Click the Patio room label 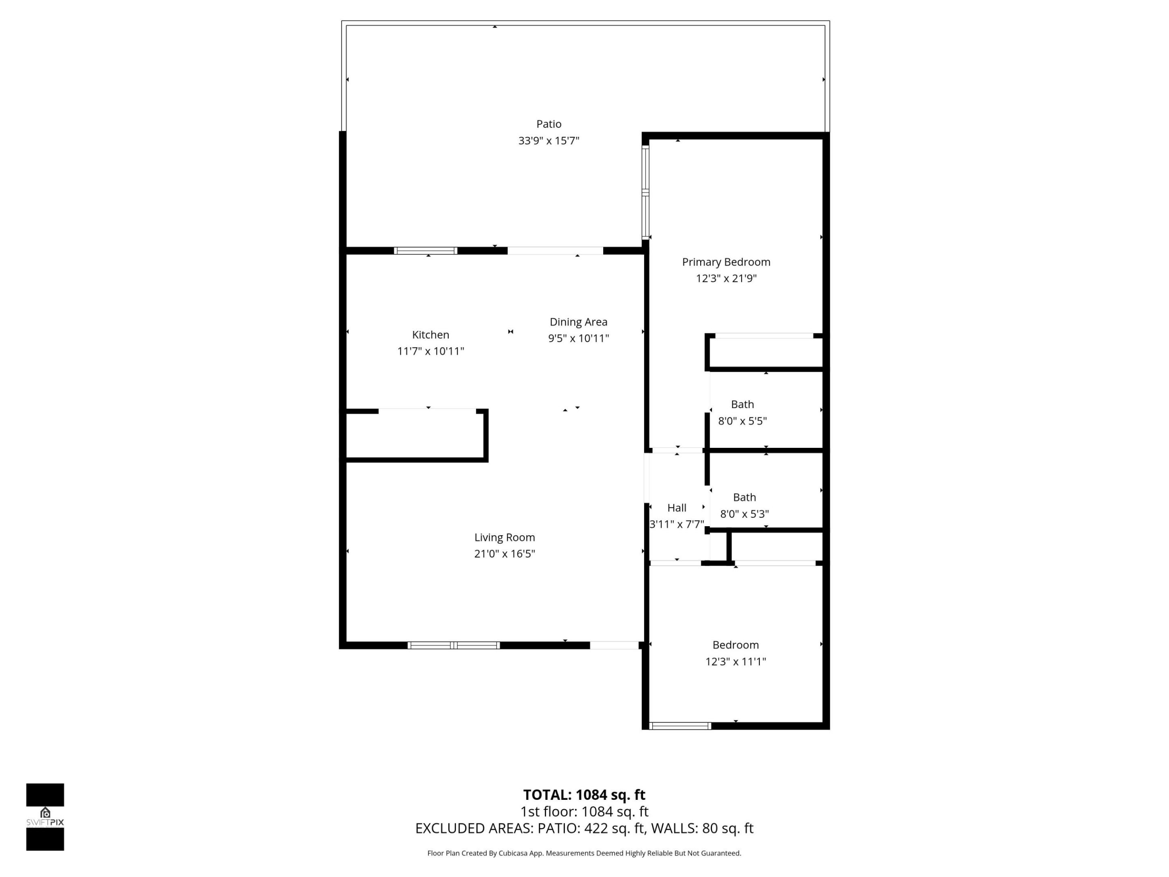548,124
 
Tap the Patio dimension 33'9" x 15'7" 548,140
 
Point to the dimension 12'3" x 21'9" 726,278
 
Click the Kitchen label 430,335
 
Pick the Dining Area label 578,322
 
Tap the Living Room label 504,537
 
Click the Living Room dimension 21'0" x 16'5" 504,553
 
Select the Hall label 677,508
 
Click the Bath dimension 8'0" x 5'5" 742,421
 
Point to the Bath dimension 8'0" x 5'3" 744,514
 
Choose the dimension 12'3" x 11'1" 735,661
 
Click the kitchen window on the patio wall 425,251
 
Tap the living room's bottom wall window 453,645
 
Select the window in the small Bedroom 679,726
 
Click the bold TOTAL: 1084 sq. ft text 584,795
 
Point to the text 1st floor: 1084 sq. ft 584,812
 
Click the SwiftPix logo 45,817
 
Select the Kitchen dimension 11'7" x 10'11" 430,351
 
